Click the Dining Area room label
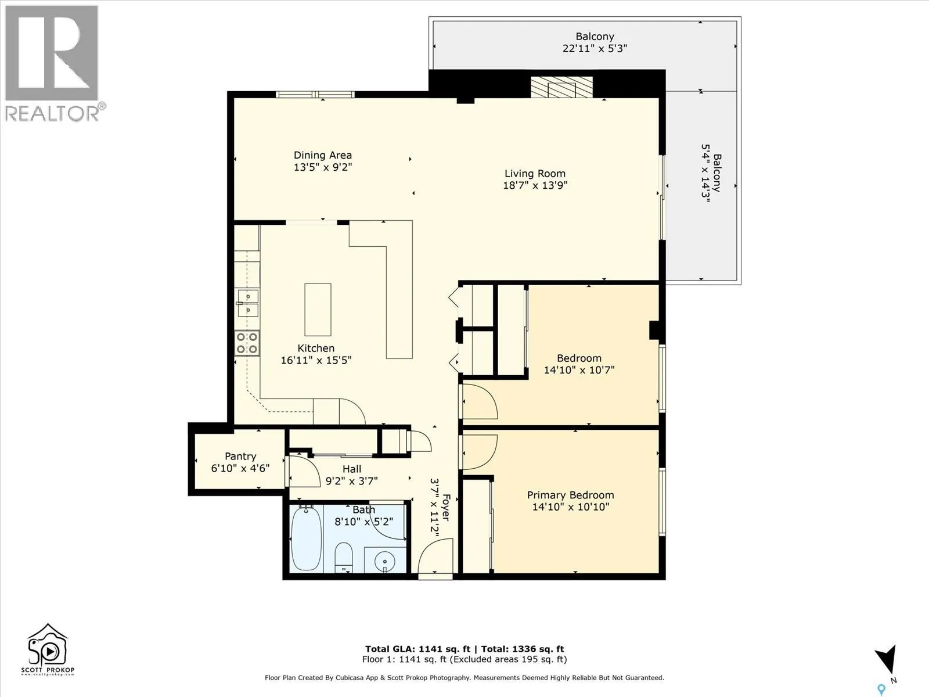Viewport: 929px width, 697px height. coord(322,155)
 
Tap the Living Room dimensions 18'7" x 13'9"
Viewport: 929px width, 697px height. coord(535,185)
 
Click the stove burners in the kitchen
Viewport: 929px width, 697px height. coord(247,343)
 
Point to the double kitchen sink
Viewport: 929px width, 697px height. coord(248,303)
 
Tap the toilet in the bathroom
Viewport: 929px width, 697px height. coord(343,558)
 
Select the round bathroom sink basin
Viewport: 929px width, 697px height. coord(385,561)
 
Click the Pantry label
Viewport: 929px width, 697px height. coord(240,456)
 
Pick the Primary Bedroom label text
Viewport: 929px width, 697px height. coord(571,495)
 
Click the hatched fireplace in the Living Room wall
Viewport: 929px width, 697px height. coord(561,87)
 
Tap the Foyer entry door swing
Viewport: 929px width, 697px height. coord(435,555)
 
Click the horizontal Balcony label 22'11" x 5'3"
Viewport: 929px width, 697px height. coord(595,42)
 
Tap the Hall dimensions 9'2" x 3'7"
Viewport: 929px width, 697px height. coord(352,481)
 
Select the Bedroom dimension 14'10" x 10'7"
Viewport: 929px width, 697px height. coord(579,370)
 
